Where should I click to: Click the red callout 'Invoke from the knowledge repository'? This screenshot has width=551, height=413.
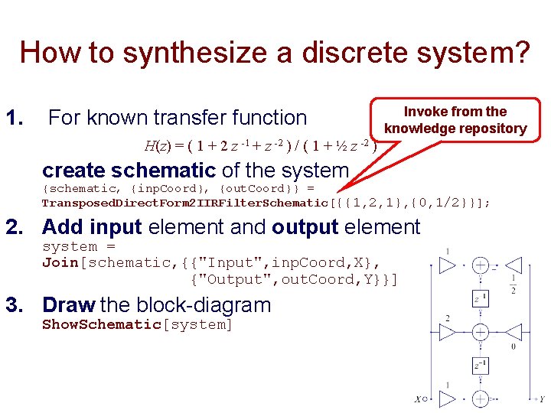click(x=455, y=120)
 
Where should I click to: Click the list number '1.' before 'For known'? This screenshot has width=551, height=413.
click(x=15, y=118)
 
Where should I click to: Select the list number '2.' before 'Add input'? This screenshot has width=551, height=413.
click(x=18, y=227)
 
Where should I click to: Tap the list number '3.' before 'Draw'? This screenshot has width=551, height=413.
click(x=18, y=305)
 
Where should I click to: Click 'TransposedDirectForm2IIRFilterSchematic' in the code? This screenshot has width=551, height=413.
click(x=184, y=203)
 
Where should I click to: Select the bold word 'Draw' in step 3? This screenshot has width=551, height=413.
click(x=68, y=305)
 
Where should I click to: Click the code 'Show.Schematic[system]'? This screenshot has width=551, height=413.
click(x=137, y=324)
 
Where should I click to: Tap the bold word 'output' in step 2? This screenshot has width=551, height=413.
click(x=305, y=227)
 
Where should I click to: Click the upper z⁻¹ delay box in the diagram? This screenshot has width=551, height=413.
click(x=479, y=299)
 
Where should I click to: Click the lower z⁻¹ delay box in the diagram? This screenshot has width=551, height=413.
click(x=479, y=366)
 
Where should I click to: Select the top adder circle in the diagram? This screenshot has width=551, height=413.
click(x=480, y=266)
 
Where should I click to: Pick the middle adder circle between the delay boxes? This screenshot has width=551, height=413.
click(x=480, y=332)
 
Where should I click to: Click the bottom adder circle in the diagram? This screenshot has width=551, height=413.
click(x=480, y=398)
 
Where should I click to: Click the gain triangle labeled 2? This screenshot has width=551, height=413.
click(x=446, y=332)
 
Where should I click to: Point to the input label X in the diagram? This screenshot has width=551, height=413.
click(x=418, y=398)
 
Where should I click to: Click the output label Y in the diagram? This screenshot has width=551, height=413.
click(x=542, y=398)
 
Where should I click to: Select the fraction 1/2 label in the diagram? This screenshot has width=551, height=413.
click(x=512, y=284)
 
